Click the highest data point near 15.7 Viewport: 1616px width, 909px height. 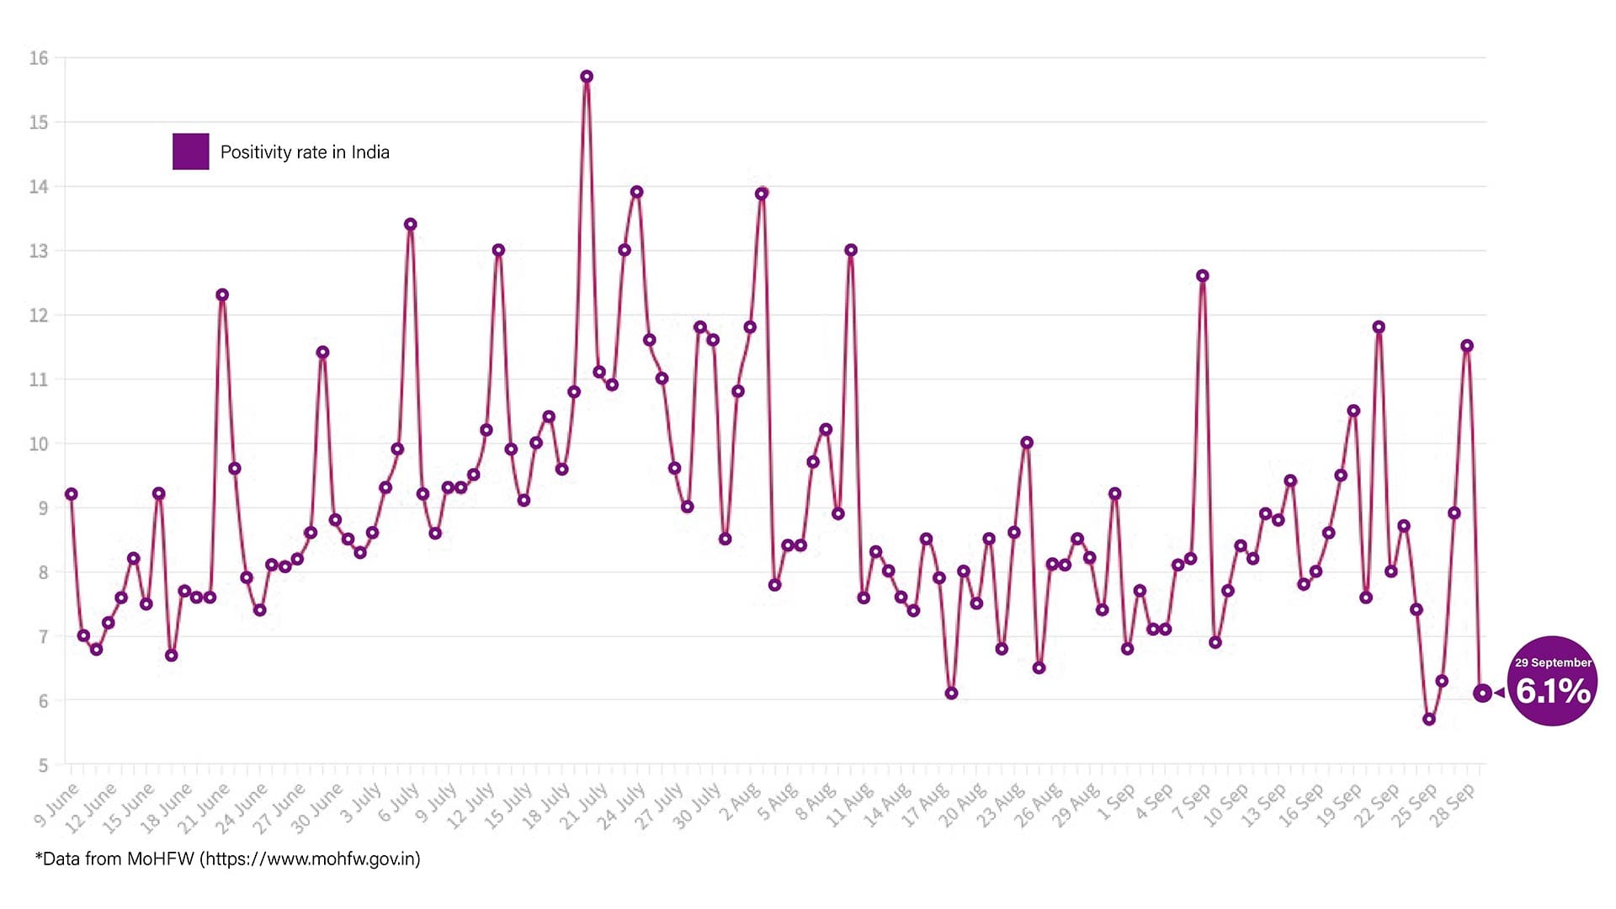tap(587, 77)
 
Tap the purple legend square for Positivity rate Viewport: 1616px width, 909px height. tap(190, 151)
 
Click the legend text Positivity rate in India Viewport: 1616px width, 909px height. tap(305, 152)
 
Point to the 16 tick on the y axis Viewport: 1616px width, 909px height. tap(39, 58)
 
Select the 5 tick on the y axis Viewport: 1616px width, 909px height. tap(43, 765)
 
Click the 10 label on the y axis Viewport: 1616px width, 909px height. tap(39, 444)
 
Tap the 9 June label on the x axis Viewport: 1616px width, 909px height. tap(56, 804)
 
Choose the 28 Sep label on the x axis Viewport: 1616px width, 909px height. tap(1454, 805)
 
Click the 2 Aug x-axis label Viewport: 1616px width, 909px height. tap(740, 804)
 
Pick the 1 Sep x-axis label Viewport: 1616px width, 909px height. tap(1116, 804)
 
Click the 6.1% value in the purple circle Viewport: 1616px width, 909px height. tap(1553, 691)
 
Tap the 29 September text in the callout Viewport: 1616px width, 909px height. tap(1553, 662)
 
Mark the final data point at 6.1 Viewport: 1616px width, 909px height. tap(1482, 693)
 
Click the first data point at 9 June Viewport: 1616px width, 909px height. tap(72, 494)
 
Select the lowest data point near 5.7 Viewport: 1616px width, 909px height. tap(1429, 720)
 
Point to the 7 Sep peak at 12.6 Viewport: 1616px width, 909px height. tap(1203, 276)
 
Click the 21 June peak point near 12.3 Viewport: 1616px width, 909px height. tap(222, 295)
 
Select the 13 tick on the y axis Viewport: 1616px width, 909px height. tap(39, 251)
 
